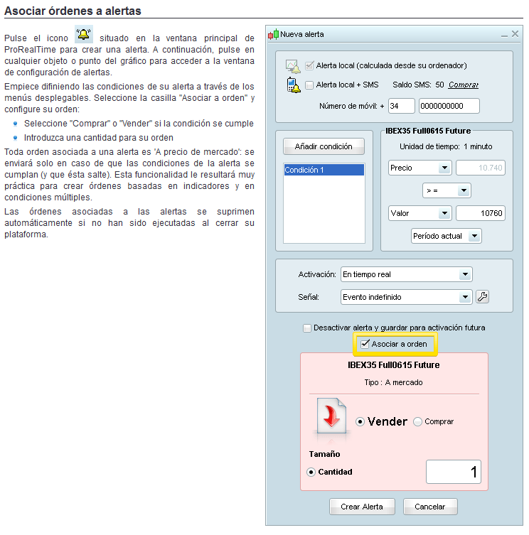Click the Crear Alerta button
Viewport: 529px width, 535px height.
(x=362, y=507)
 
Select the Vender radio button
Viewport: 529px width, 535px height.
(x=360, y=422)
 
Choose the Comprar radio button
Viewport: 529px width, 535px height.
(x=417, y=422)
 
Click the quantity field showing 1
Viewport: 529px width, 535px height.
(x=453, y=472)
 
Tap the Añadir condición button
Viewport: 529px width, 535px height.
(x=324, y=146)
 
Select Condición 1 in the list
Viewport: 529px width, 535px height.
(x=324, y=170)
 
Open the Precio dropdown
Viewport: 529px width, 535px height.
(x=420, y=168)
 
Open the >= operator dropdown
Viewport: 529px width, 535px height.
(x=447, y=190)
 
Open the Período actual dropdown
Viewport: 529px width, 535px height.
(x=447, y=236)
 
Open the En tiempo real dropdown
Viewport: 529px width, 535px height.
(x=406, y=274)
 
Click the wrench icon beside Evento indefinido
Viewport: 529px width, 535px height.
(x=483, y=297)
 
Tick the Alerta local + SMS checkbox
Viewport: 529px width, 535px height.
(x=309, y=85)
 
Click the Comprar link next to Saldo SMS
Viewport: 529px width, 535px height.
(x=464, y=85)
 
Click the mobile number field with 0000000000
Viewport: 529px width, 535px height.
(x=449, y=106)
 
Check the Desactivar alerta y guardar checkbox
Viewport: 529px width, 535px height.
(x=307, y=328)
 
